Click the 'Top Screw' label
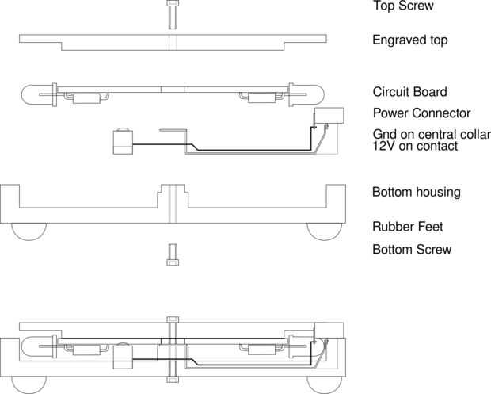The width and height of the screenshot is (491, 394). click(x=404, y=6)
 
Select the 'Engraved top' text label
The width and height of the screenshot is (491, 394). click(x=410, y=40)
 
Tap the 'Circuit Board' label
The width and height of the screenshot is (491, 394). click(x=410, y=92)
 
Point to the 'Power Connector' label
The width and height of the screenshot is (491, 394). click(x=421, y=113)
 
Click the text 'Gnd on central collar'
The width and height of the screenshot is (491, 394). click(x=432, y=133)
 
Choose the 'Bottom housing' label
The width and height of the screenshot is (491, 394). click(x=417, y=193)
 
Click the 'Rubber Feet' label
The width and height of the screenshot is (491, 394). click(x=407, y=227)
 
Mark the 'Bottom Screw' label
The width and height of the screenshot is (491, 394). click(x=412, y=250)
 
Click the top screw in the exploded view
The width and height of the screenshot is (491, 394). click(x=172, y=13)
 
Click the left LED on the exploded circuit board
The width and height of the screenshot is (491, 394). click(x=36, y=93)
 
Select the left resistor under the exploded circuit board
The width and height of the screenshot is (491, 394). click(x=83, y=99)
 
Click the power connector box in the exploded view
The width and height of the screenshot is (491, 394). click(x=328, y=116)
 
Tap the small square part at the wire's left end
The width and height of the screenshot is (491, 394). click(x=122, y=143)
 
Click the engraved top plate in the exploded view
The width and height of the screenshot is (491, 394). click(x=172, y=41)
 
